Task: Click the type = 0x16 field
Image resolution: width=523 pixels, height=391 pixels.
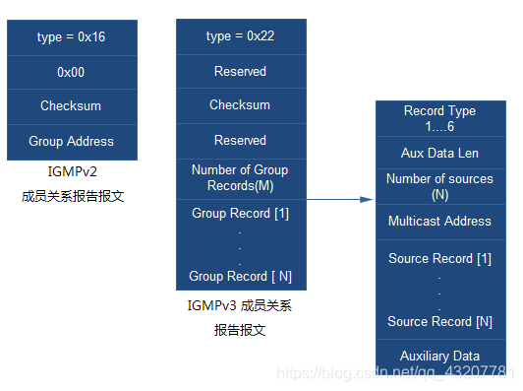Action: [71, 36]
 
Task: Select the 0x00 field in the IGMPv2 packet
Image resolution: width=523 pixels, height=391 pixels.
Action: [71, 72]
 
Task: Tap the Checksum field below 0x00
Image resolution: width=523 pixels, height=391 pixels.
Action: [71, 106]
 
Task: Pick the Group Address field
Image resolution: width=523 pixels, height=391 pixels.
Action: [71, 142]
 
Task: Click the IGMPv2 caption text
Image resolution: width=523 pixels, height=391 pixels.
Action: [73, 171]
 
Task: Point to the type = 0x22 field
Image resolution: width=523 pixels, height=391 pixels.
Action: [240, 36]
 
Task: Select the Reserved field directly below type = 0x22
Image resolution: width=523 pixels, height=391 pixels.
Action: [240, 72]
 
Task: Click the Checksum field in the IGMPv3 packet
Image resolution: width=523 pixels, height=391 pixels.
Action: [240, 105]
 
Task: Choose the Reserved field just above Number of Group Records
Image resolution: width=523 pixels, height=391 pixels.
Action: [240, 141]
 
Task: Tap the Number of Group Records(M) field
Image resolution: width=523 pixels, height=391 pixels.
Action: [240, 177]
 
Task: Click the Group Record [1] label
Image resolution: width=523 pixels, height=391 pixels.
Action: [240, 214]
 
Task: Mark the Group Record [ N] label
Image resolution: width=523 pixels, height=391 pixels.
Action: [240, 277]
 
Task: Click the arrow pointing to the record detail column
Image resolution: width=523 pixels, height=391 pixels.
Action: [340, 199]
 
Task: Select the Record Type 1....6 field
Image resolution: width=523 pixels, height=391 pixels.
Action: [439, 119]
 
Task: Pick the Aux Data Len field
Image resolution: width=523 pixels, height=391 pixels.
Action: [439, 154]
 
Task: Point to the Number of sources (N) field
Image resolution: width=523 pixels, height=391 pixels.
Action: [439, 186]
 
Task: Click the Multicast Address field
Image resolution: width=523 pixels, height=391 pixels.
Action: [439, 222]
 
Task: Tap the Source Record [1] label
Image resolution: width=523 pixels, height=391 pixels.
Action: [439, 259]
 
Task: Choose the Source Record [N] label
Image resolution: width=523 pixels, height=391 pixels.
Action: [439, 322]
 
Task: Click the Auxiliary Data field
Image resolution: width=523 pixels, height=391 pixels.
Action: [439, 356]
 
